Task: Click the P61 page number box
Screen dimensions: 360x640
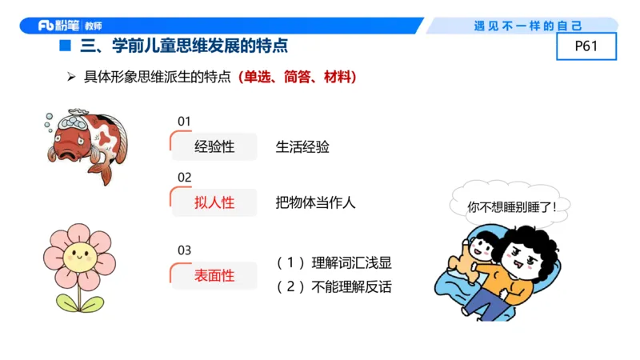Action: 586,46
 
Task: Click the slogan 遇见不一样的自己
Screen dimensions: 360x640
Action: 528,26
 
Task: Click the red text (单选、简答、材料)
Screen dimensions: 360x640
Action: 297,78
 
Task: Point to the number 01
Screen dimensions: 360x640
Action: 184,122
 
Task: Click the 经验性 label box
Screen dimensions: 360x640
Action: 214,147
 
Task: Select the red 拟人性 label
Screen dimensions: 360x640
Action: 214,202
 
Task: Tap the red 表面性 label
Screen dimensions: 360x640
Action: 214,275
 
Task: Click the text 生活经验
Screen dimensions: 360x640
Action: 302,147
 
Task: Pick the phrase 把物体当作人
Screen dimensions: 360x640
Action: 315,202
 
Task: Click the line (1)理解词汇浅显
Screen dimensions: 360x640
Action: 334,263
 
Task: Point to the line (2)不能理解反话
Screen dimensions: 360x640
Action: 334,286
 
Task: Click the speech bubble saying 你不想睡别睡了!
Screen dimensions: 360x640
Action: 512,206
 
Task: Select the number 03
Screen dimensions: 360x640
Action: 184,250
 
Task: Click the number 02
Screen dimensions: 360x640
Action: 184,177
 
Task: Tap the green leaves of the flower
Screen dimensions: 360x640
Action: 79,303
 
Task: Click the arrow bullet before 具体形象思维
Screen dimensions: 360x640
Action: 71,78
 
